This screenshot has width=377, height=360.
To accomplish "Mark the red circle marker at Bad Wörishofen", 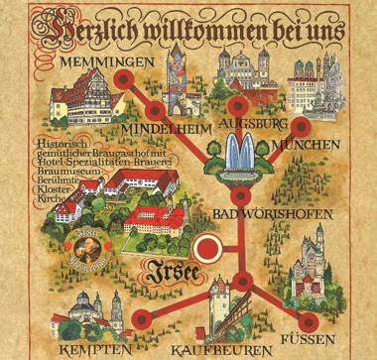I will (236, 198).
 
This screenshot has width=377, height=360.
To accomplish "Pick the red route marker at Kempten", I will (142, 318).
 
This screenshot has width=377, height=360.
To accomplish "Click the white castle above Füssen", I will (311, 260).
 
